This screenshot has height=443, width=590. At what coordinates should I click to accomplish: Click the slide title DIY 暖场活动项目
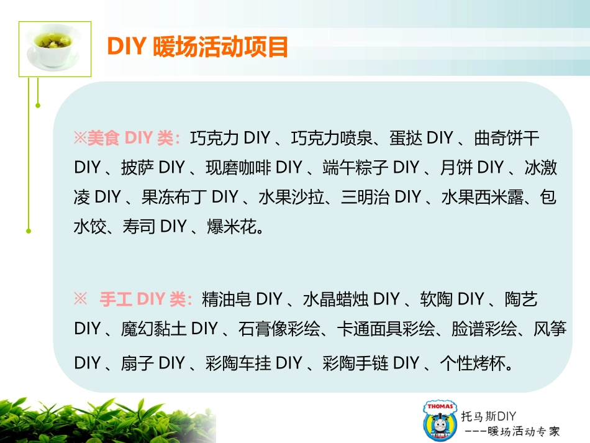tap(197, 47)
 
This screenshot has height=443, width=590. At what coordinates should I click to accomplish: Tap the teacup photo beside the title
tap(55, 48)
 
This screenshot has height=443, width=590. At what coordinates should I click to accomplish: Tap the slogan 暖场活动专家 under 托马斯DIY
tap(524, 430)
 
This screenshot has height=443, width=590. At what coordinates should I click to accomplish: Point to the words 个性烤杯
tap(474, 363)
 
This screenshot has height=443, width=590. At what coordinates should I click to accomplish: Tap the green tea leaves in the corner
tap(93, 419)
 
